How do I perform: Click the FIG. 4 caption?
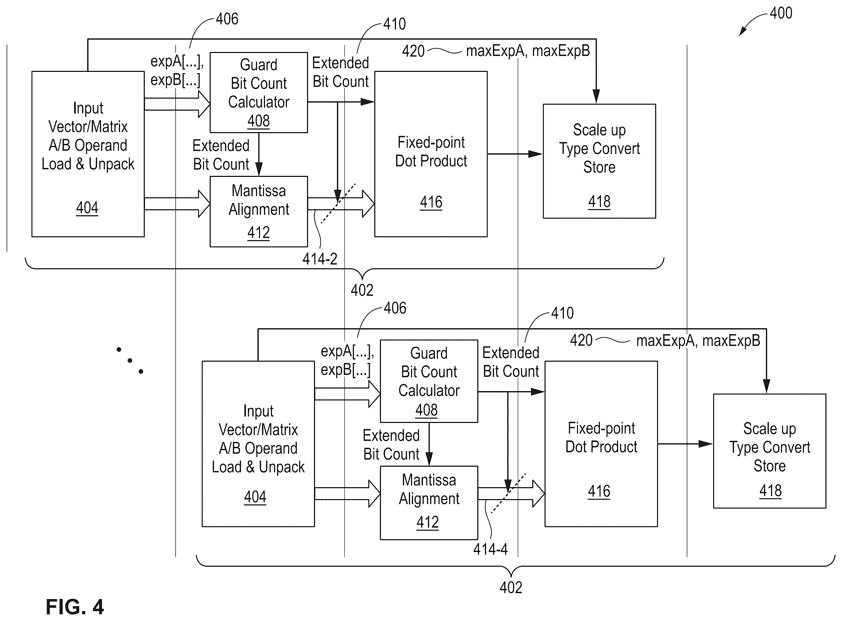(x=75, y=606)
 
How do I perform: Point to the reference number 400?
(x=781, y=13)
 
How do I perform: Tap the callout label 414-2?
(x=320, y=259)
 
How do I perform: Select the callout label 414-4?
(x=490, y=549)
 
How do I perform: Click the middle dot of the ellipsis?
(x=130, y=360)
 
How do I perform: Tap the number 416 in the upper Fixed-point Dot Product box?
(x=431, y=202)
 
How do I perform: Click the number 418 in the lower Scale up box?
(x=770, y=491)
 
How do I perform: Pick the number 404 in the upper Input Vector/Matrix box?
(x=87, y=208)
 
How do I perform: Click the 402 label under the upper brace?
(x=362, y=290)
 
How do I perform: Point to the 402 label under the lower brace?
(x=511, y=588)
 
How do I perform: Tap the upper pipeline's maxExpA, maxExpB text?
(x=528, y=51)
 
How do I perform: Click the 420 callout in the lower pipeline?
(x=581, y=340)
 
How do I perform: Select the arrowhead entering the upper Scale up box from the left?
(x=535, y=154)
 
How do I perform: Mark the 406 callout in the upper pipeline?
(x=227, y=19)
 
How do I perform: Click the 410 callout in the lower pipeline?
(x=562, y=313)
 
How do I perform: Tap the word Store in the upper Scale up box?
(x=599, y=167)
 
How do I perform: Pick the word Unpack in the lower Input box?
(x=282, y=467)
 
